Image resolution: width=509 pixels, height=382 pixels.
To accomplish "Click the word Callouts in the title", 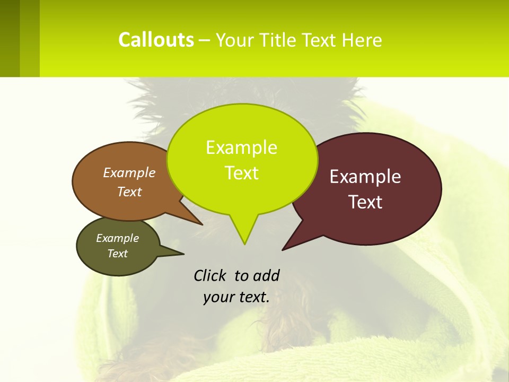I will pyautogui.click(x=156, y=40).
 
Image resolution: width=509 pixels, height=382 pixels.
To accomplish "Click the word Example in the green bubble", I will pyautogui.click(x=241, y=147).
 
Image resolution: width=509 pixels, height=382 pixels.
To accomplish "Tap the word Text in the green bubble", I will pyautogui.click(x=241, y=173).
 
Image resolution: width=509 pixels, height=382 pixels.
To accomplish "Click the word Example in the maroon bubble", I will pyautogui.click(x=365, y=177).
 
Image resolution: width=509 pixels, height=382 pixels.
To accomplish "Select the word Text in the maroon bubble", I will pyautogui.click(x=365, y=202).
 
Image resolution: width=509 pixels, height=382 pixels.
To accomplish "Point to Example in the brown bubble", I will pyautogui.click(x=129, y=172).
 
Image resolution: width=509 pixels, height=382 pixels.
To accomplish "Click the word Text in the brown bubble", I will pyautogui.click(x=129, y=192).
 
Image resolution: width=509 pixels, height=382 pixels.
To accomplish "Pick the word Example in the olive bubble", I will pyautogui.click(x=117, y=238).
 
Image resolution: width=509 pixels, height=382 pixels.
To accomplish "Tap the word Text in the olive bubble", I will pyautogui.click(x=117, y=254).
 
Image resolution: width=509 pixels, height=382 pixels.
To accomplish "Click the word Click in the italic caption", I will pyautogui.click(x=210, y=275).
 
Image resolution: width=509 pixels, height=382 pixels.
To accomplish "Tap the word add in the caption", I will pyautogui.click(x=266, y=275).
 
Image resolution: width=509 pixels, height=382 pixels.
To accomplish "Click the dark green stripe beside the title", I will pyautogui.click(x=10, y=38).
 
